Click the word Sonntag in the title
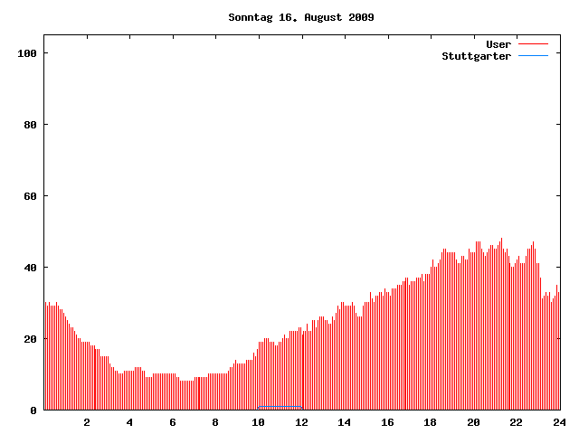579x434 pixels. pyautogui.click(x=250, y=17)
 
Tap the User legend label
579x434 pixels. pyautogui.click(x=498, y=44)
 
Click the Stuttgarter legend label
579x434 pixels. pyautogui.click(x=476, y=56)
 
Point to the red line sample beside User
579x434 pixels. pyautogui.click(x=534, y=44)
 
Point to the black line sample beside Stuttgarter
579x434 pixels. pyautogui.click(x=534, y=56)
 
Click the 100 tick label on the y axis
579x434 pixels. pyautogui.click(x=26, y=53)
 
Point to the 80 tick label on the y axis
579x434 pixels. pyautogui.click(x=30, y=125)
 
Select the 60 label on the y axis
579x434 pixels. pyautogui.click(x=30, y=196)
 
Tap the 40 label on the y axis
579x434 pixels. pyautogui.click(x=30, y=268)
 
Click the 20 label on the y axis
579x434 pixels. pyautogui.click(x=30, y=339)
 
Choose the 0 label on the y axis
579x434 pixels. pyautogui.click(x=33, y=410)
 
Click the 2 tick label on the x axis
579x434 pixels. pyautogui.click(x=87, y=422)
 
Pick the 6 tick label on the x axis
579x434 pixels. pyautogui.click(x=173, y=422)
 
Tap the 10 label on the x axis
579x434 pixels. pyautogui.click(x=259, y=422)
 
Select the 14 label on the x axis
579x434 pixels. pyautogui.click(x=345, y=422)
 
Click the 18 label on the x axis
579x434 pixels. pyautogui.click(x=431, y=422)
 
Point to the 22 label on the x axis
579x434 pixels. pyautogui.click(x=517, y=422)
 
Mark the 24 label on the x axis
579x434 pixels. pyautogui.click(x=559, y=422)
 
